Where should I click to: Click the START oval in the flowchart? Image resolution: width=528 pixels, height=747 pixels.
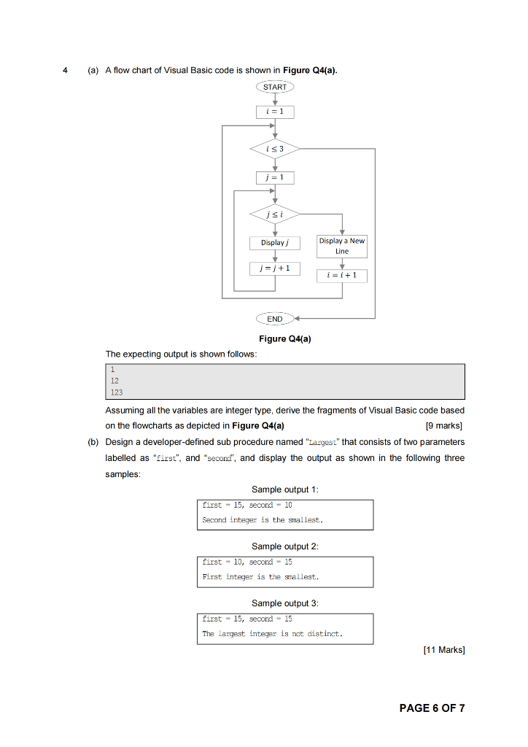tap(275, 87)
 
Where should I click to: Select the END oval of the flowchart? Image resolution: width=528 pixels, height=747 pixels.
tap(275, 319)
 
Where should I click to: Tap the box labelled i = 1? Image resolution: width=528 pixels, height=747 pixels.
tap(275, 112)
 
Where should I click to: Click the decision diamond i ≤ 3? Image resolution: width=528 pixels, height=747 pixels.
tap(275, 150)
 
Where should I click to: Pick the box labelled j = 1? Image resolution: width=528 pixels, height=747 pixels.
tap(275, 177)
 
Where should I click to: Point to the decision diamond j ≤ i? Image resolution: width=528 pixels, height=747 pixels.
tap(275, 214)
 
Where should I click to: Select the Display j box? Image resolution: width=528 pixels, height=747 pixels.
tap(275, 242)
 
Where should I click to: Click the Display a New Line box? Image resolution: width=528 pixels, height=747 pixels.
tap(342, 246)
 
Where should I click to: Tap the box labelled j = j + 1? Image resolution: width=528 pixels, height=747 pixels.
tap(275, 268)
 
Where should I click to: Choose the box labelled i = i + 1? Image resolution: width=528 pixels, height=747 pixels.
tap(342, 275)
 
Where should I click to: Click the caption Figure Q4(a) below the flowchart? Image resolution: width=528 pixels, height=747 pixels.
tap(285, 338)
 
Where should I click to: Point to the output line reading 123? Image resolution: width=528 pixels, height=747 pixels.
tap(117, 392)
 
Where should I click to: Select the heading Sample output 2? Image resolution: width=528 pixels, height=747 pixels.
tap(285, 546)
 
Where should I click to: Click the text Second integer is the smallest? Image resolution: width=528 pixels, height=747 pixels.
tap(263, 520)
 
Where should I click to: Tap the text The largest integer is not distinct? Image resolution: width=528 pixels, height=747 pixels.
tap(271, 634)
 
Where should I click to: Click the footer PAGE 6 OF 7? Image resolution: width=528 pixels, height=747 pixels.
tap(432, 708)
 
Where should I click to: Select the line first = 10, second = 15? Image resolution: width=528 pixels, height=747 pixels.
tap(247, 562)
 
